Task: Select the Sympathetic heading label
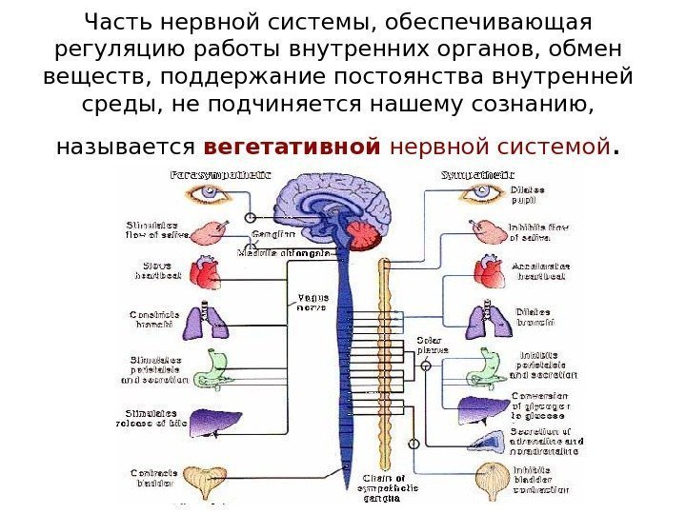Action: tap(477, 175)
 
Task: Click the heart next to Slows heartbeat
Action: tap(206, 272)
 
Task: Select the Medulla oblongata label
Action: tap(284, 254)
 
